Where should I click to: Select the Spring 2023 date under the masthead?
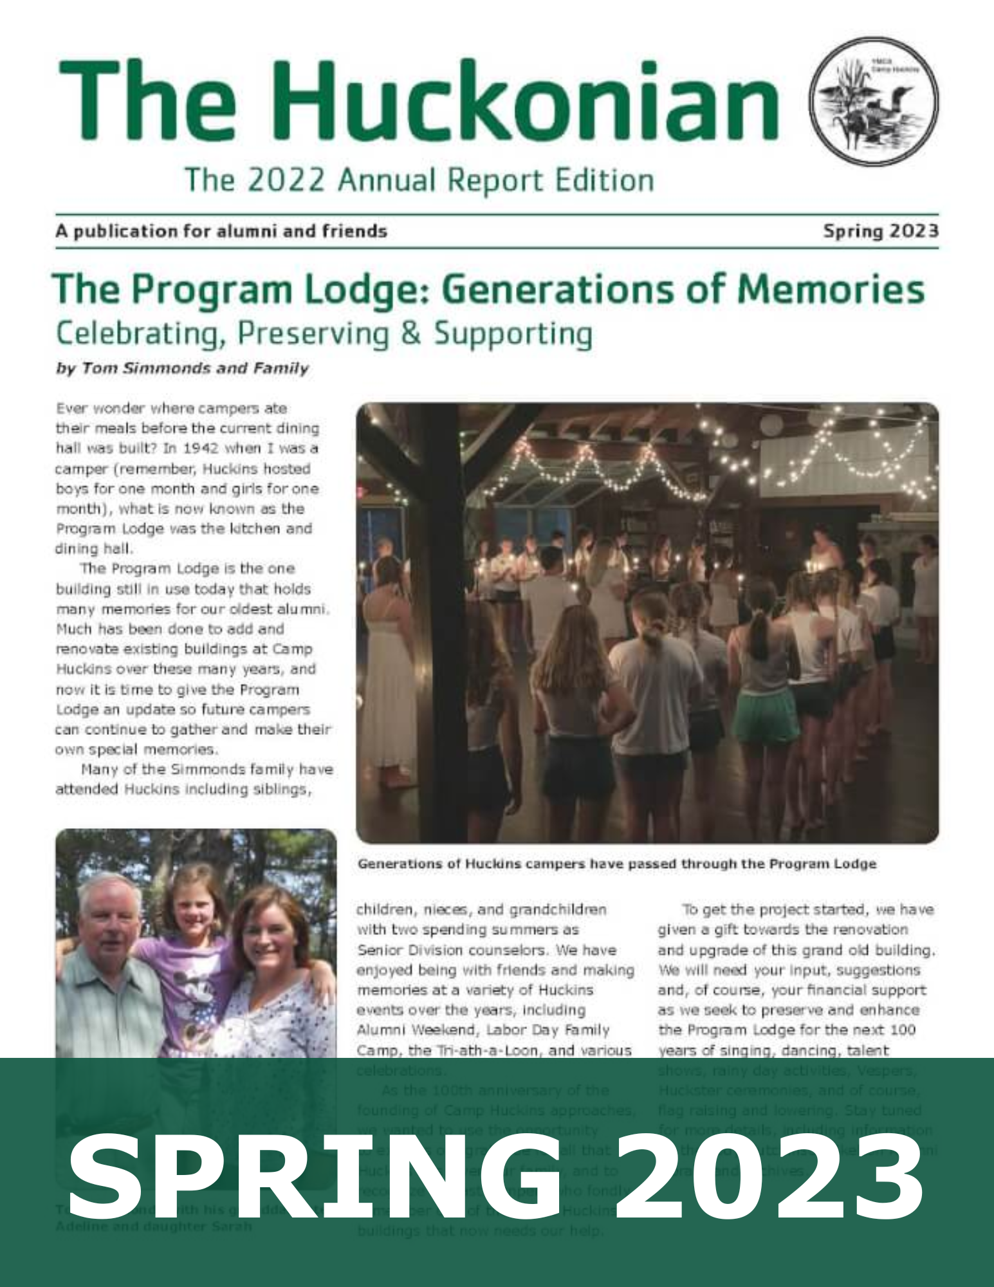pos(880,231)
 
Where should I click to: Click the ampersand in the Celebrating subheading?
pos(411,334)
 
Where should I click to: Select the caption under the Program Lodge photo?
pos(616,864)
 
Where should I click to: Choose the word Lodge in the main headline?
pos(363,290)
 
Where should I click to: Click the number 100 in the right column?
pos(902,1030)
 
